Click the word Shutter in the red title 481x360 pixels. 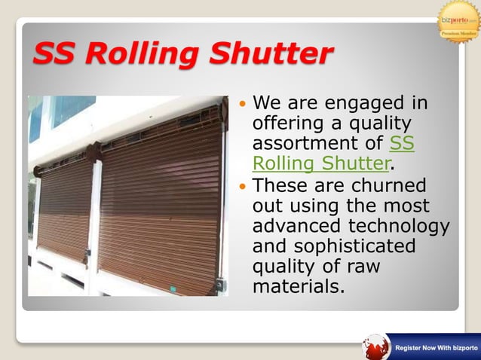271,54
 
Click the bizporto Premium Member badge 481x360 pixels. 458,21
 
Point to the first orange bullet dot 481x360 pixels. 242,102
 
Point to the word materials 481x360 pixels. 297,287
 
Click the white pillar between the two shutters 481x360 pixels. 95,218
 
